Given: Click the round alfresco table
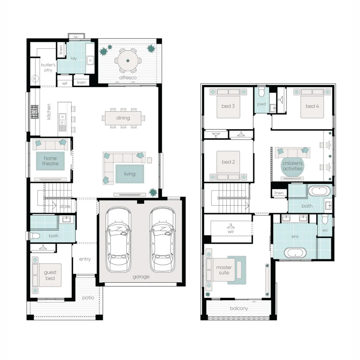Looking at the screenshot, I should point(128,61).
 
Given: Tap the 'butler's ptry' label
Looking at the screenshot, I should point(48,67).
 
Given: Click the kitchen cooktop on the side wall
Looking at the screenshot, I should point(35,112).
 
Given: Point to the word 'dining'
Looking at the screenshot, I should point(123,118).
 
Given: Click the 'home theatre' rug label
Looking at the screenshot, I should point(50,161).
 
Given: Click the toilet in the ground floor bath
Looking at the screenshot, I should point(35,236).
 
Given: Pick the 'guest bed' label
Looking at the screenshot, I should point(50,275).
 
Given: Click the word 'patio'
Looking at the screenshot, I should point(88,298).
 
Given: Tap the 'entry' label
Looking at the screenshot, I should point(85,259).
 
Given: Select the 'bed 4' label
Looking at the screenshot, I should point(312,106).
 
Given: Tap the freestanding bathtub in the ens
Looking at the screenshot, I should point(295,252).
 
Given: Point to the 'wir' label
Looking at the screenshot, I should point(231,231).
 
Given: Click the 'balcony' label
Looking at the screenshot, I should point(239,308).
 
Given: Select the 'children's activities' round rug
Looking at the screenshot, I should point(292,166).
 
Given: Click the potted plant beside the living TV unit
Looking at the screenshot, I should point(153,192).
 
